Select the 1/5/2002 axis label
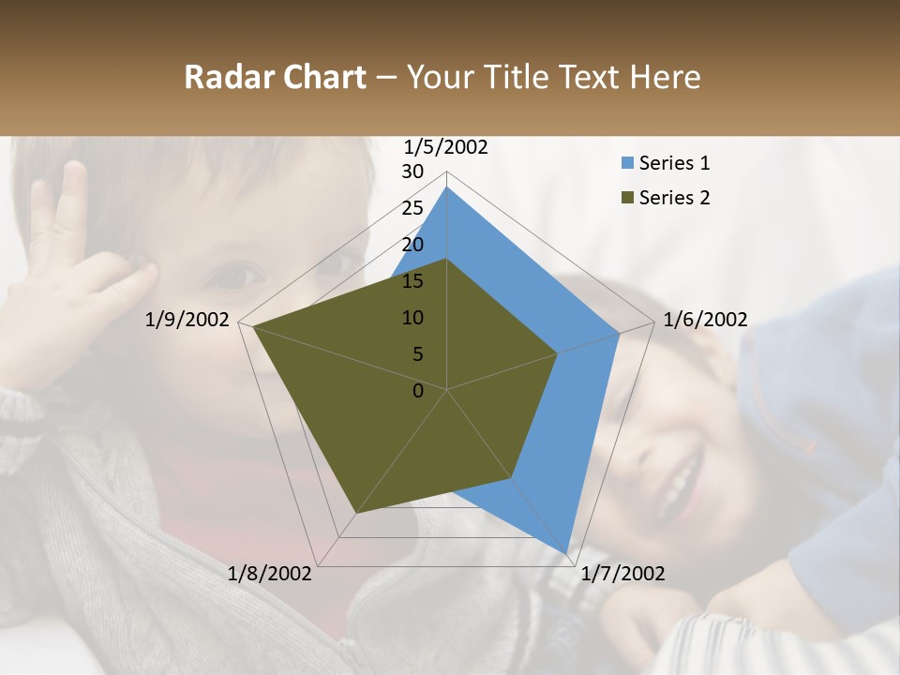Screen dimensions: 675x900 [x=445, y=147]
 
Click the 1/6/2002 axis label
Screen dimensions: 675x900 [x=705, y=320]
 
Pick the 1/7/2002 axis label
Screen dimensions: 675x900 [x=622, y=574]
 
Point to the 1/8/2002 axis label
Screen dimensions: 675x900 [x=270, y=574]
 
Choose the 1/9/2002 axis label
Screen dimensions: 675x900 [x=187, y=320]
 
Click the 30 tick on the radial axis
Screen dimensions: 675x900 [x=412, y=172]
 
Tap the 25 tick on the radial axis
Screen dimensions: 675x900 [x=412, y=208]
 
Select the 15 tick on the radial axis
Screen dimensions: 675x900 [x=412, y=281]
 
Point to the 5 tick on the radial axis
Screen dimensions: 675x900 [x=418, y=354]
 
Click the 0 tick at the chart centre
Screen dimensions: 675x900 [x=419, y=391]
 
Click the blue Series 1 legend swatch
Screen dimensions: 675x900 [x=627, y=163]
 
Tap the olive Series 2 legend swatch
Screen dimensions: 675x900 [x=627, y=198]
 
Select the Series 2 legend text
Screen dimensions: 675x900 [x=674, y=198]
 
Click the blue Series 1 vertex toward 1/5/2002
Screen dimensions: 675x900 [x=447, y=187]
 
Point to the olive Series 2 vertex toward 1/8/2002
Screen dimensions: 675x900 [x=356, y=515]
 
